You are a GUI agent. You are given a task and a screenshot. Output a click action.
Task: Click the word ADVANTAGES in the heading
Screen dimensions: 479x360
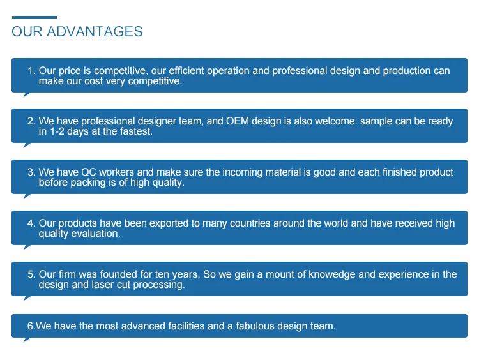coord(95,31)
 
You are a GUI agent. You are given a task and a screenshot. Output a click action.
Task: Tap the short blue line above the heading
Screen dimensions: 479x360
coord(34,17)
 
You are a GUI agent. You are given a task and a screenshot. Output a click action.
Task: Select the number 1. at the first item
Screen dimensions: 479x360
coord(31,71)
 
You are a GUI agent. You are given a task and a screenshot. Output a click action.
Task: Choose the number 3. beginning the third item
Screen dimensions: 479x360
coord(31,172)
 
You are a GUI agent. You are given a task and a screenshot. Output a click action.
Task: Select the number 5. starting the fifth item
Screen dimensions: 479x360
coord(31,274)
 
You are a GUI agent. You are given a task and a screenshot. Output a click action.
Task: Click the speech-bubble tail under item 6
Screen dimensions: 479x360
coord(27,340)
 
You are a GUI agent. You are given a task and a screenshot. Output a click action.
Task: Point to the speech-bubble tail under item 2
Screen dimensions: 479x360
coord(27,145)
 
